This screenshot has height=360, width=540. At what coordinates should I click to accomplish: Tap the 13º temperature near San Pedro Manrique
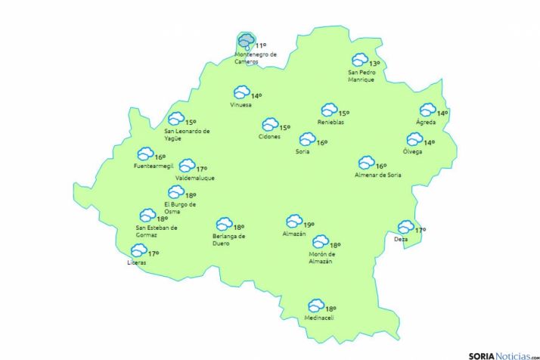[374, 64]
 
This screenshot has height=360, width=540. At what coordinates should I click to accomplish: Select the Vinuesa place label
[241, 104]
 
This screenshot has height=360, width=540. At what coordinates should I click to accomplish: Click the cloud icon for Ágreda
[427, 110]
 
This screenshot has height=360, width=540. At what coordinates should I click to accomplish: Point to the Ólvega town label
[412, 151]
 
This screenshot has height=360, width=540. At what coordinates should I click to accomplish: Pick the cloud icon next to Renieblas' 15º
[329, 110]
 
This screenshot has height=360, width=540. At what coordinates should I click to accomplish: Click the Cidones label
[269, 137]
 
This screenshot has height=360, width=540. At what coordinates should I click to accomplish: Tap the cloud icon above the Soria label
[307, 139]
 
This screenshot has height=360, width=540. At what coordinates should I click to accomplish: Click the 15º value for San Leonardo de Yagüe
[191, 122]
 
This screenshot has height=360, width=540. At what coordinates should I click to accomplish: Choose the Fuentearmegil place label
[153, 166]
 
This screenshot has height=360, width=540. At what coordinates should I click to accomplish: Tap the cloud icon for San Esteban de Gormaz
[147, 216]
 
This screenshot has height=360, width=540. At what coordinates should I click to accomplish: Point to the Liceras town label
[137, 262]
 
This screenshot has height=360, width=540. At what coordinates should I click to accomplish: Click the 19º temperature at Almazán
[309, 225]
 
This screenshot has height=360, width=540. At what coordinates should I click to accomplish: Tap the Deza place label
[401, 240]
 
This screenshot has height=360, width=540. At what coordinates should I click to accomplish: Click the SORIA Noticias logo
[498, 354]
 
